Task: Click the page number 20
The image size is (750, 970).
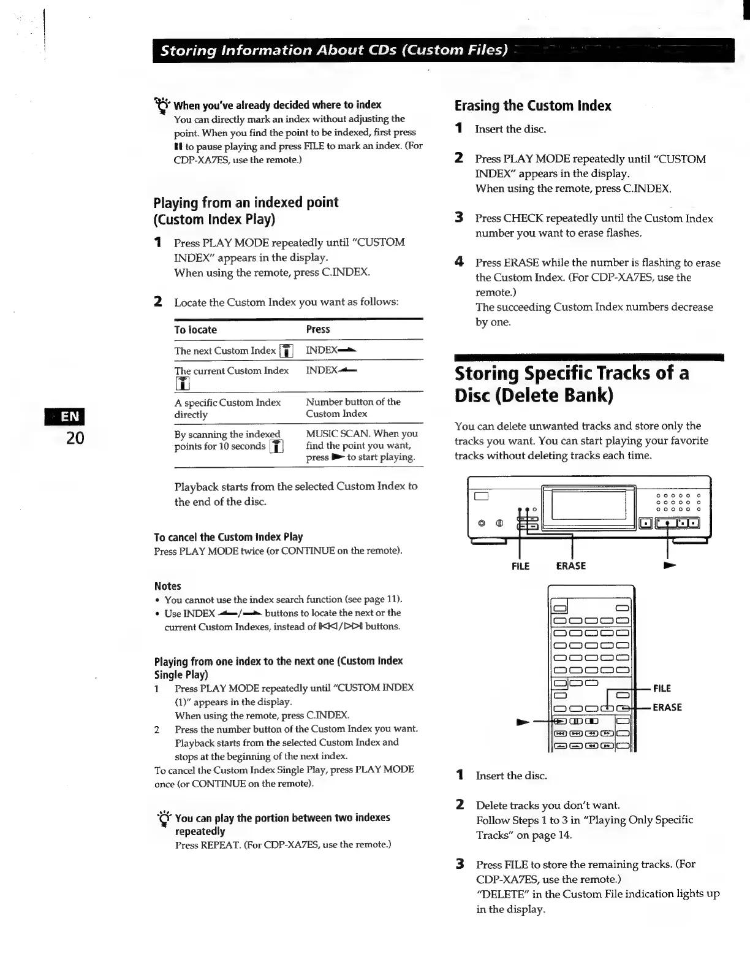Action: point(75,438)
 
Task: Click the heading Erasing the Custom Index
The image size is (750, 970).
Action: point(532,105)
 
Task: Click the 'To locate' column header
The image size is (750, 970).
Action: point(195,330)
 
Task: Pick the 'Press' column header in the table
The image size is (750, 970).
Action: point(318,329)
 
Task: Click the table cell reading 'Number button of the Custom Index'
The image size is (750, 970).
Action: point(353,408)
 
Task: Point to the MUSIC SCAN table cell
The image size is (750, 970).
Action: point(362,445)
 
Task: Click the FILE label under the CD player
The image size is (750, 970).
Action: point(520,566)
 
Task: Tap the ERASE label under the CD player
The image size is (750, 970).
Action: point(570,566)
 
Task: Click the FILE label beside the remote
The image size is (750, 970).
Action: point(662,689)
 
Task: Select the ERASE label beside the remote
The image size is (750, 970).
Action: point(667,708)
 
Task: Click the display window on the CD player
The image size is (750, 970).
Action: point(588,505)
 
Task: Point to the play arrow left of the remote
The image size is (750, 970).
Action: point(523,722)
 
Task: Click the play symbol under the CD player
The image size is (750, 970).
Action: point(670,565)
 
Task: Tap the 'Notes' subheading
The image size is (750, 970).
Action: point(168,586)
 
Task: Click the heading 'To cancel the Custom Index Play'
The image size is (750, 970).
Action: point(229,537)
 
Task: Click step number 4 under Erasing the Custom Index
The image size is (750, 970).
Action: point(459,262)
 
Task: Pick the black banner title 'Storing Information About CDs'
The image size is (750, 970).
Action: point(334,50)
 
